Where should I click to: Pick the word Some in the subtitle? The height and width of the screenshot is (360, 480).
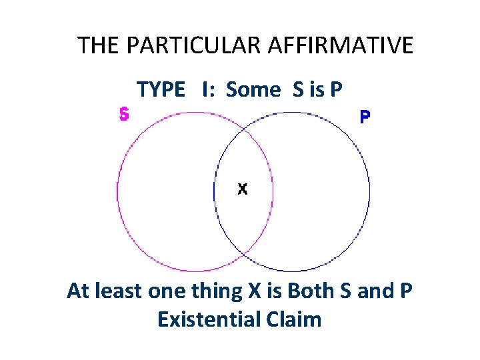(253, 89)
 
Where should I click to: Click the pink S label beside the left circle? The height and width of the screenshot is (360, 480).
(124, 114)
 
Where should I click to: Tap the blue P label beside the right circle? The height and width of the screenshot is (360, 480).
(365, 117)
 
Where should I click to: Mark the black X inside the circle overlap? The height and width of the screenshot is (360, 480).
(243, 189)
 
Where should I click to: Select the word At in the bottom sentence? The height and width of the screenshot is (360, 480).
(77, 291)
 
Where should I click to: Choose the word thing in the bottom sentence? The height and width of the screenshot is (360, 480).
(217, 291)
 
